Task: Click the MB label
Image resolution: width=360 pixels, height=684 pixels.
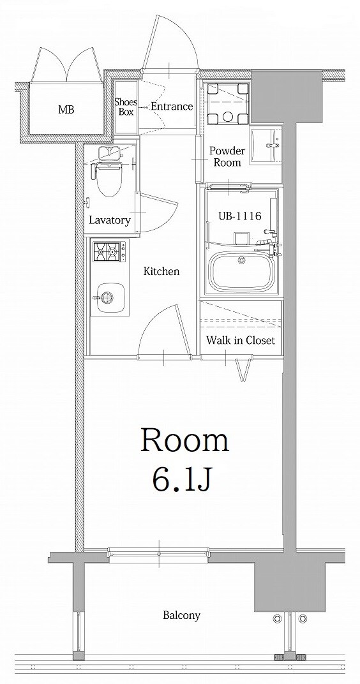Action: tap(66, 110)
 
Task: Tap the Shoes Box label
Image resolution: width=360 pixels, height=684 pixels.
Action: tap(125, 107)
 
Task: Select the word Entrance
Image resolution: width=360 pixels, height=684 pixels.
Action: tap(172, 107)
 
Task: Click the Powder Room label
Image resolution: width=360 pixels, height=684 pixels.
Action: tap(227, 157)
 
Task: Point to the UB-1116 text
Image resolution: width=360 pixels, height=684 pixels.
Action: tap(239, 216)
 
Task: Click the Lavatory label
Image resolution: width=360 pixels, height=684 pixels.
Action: tap(110, 221)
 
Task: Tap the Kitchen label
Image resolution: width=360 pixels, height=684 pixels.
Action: tap(161, 272)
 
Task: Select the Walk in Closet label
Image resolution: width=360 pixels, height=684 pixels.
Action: tap(240, 341)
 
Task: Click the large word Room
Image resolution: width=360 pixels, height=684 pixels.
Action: tap(184, 440)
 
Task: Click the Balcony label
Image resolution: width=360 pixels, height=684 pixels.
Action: tap(181, 616)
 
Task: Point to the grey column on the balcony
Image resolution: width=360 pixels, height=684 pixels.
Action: tap(281, 587)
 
